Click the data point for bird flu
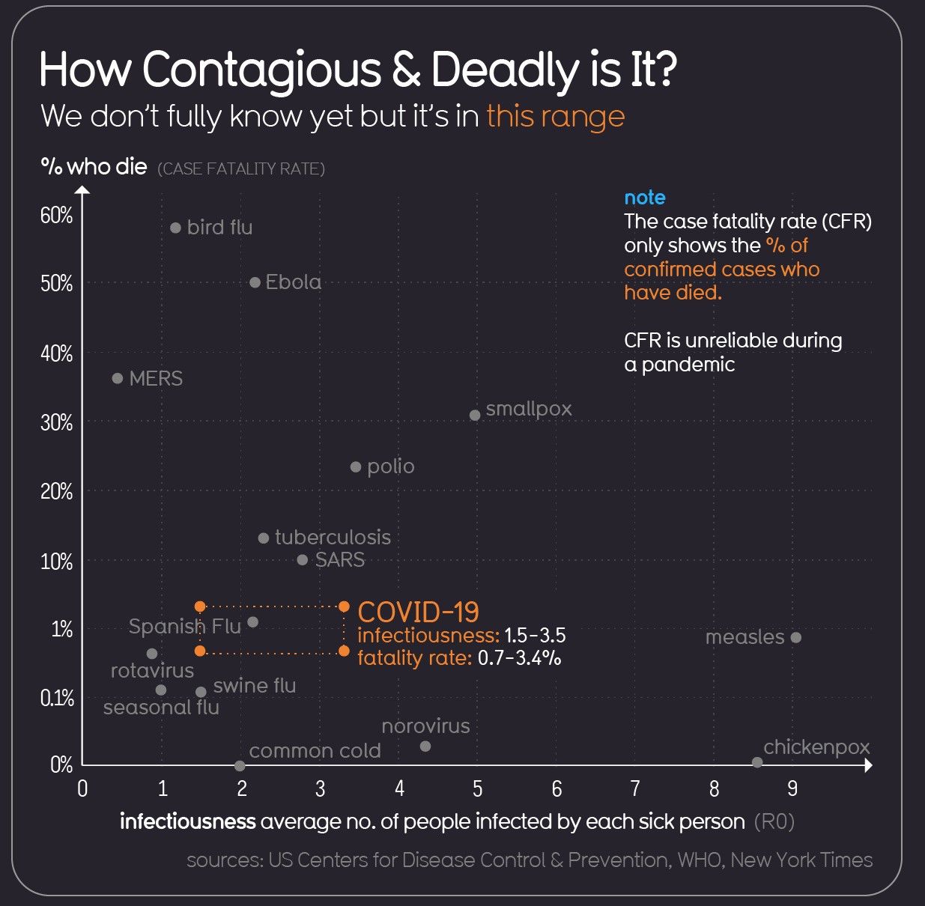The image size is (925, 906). click(x=175, y=228)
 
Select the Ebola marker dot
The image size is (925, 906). click(x=255, y=282)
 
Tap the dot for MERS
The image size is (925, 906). click(x=118, y=378)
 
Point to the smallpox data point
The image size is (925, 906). click(x=475, y=415)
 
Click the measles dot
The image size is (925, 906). click(x=796, y=637)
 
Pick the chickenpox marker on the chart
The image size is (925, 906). click(x=757, y=762)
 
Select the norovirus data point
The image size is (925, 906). click(x=425, y=746)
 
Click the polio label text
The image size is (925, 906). click(x=390, y=466)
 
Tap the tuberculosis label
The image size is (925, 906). click(x=333, y=538)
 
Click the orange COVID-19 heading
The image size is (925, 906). click(x=418, y=612)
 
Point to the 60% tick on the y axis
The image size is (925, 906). click(x=57, y=216)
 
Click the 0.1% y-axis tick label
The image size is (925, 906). click(x=57, y=699)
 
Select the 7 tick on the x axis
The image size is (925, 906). click(x=635, y=788)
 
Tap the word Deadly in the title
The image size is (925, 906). click(x=503, y=70)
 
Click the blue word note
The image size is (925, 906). click(x=645, y=198)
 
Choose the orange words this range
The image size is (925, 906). click(x=555, y=117)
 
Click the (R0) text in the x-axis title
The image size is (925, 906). click(x=774, y=821)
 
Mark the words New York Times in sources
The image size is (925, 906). click(x=801, y=860)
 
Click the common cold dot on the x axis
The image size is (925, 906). click(x=240, y=765)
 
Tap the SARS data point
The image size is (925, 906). click(x=303, y=559)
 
